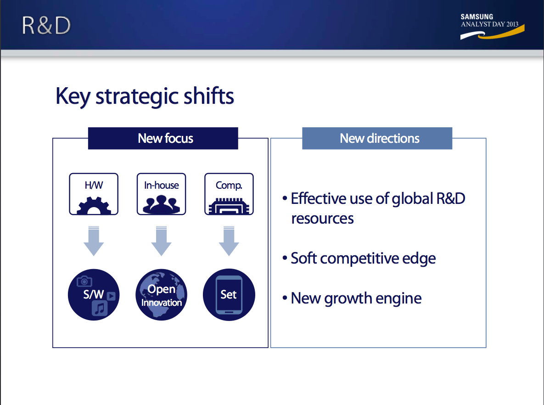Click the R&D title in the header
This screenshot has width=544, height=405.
[46, 25]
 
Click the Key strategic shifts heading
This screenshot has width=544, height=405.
[145, 97]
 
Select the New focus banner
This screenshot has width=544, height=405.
[163, 138]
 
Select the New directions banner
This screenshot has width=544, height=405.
[377, 138]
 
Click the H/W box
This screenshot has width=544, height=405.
[94, 194]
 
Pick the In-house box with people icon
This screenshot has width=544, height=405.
[161, 194]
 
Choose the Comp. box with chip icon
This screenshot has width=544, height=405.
[229, 194]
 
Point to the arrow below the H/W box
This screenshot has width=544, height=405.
[94, 241]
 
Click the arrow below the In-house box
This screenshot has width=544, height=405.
[161, 241]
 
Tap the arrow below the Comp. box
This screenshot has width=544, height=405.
[229, 241]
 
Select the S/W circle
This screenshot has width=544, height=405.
[94, 295]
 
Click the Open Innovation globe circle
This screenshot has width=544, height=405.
[161, 295]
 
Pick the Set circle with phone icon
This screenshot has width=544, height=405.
[229, 295]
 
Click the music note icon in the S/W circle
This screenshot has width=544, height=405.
[100, 308]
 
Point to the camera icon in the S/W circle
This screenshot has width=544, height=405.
[84, 281]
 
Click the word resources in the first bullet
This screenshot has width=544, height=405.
[322, 219]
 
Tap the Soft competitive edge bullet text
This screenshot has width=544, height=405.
[363, 259]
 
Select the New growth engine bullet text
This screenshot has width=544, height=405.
[356, 298]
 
